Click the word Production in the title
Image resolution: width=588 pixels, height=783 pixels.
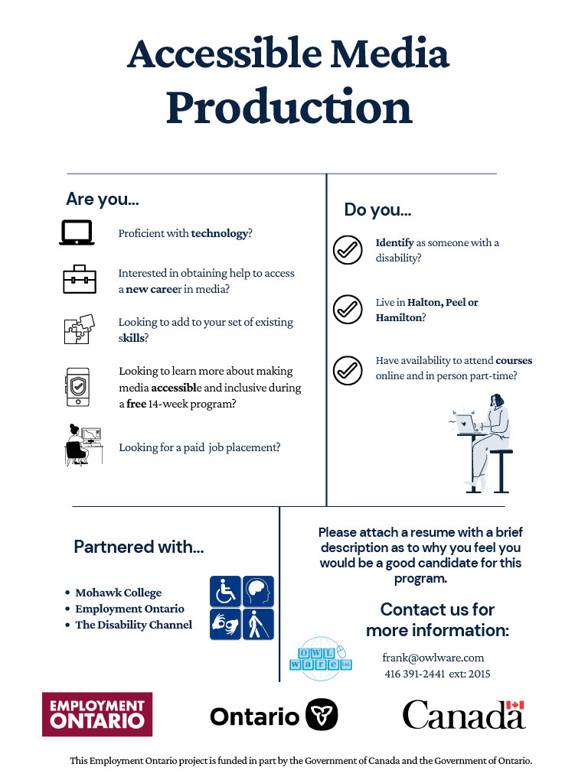(289, 108)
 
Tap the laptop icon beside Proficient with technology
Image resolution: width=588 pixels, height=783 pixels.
(77, 232)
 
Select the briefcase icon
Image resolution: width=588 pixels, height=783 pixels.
(80, 280)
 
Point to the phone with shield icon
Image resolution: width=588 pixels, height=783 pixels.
(78, 387)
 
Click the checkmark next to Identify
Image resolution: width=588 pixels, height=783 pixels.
(348, 250)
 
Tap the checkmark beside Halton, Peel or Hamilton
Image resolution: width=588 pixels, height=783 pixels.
(348, 310)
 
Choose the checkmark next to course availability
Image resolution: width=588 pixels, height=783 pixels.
(348, 369)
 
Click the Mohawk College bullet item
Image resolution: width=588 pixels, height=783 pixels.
(118, 593)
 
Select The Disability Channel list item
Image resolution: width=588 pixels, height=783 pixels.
(133, 625)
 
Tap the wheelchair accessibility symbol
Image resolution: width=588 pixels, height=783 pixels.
(225, 591)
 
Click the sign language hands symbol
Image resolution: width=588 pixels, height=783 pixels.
(225, 624)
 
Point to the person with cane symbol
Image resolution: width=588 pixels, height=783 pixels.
(258, 624)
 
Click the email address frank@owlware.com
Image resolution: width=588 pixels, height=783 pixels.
(433, 658)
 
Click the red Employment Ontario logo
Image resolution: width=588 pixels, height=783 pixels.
(97, 714)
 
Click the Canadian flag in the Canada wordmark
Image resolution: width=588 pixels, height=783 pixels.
(514, 706)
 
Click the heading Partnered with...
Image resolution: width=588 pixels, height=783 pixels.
(139, 547)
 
